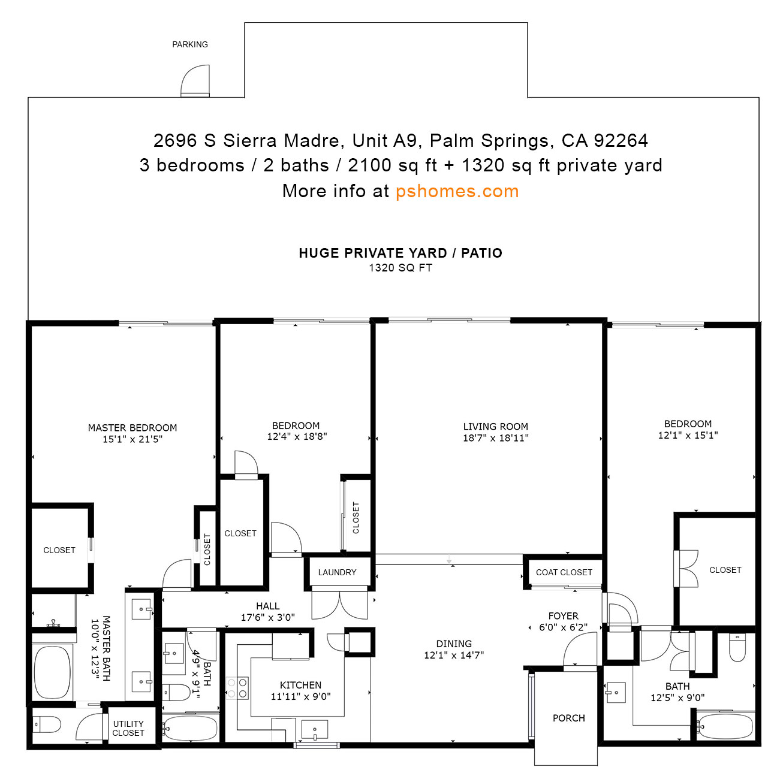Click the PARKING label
[x=190, y=44]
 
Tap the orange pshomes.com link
[x=457, y=191]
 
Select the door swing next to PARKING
[x=195, y=80]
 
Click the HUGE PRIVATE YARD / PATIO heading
[x=400, y=253]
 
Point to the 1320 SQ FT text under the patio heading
[x=400, y=268]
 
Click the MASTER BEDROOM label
[x=132, y=428]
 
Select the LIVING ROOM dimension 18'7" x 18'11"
[x=495, y=438]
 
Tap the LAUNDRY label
[x=337, y=572]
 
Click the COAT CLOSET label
[x=564, y=572]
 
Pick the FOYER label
[x=563, y=616]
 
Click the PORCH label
[x=569, y=718]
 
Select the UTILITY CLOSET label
[x=128, y=728]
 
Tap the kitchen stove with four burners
[x=237, y=688]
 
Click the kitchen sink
[x=315, y=729]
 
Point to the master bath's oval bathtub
[x=52, y=672]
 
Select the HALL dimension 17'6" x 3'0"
[x=267, y=617]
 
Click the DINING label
[x=454, y=644]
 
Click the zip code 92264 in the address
[x=621, y=140]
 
